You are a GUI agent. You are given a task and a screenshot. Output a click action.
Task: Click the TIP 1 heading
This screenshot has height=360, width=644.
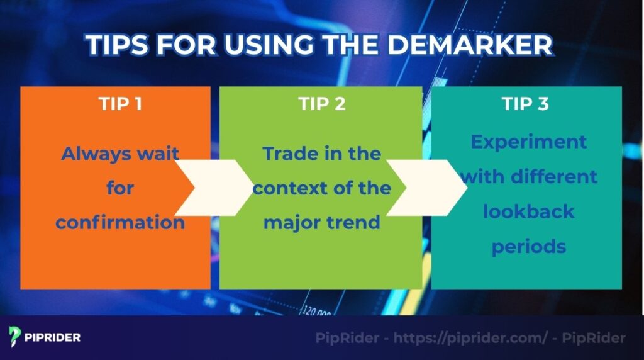[x=119, y=104]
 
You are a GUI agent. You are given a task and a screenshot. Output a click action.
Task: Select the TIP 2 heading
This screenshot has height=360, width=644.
[x=322, y=104]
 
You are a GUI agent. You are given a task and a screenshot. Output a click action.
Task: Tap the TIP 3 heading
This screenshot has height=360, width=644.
[x=525, y=104]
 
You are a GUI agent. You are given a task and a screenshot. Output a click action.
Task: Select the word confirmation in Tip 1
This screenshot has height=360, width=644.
[x=119, y=223]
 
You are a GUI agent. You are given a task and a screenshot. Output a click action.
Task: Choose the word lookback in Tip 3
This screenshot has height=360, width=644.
[x=528, y=211]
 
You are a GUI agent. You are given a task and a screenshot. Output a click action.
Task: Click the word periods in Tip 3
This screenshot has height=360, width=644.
[x=528, y=246]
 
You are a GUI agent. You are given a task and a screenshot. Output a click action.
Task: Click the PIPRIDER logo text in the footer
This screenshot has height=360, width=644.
[x=53, y=337]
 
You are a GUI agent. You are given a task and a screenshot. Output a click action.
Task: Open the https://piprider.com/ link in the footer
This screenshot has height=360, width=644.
[x=470, y=338]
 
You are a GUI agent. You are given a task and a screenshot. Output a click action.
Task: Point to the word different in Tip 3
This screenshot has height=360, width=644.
[x=553, y=176]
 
